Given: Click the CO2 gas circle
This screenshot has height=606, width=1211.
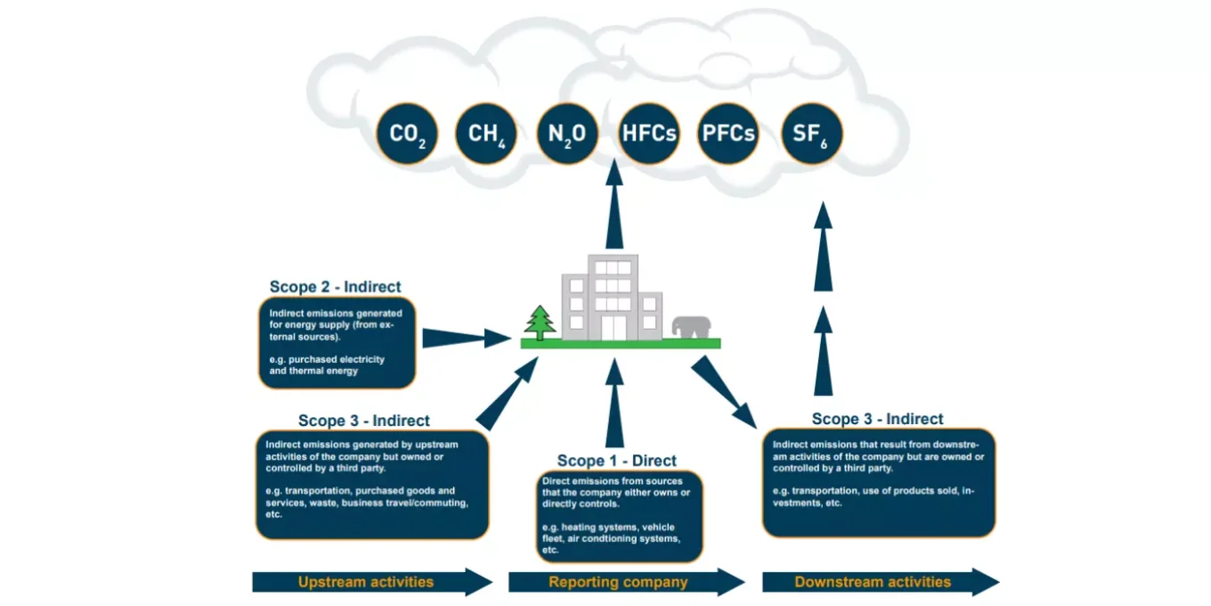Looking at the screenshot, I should [x=407, y=134].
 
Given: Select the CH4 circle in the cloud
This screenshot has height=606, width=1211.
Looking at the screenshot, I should [x=486, y=134].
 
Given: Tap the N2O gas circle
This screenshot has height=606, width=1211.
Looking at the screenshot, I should [x=567, y=134].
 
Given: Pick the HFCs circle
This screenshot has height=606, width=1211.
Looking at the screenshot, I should [x=649, y=134].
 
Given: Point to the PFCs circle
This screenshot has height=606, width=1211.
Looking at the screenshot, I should [x=728, y=134].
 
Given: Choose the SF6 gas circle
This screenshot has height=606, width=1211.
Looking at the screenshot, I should [x=811, y=134].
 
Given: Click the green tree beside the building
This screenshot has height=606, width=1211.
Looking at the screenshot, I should [x=540, y=323].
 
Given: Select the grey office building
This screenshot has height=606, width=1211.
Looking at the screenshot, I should [x=612, y=299].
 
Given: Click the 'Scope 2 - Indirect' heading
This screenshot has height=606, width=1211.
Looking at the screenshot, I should [x=336, y=287].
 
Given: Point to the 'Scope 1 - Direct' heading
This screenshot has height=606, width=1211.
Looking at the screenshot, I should [x=617, y=461].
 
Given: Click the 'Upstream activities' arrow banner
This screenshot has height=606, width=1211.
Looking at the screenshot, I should [x=371, y=582].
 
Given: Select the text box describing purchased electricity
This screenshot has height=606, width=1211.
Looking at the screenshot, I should [x=337, y=343].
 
